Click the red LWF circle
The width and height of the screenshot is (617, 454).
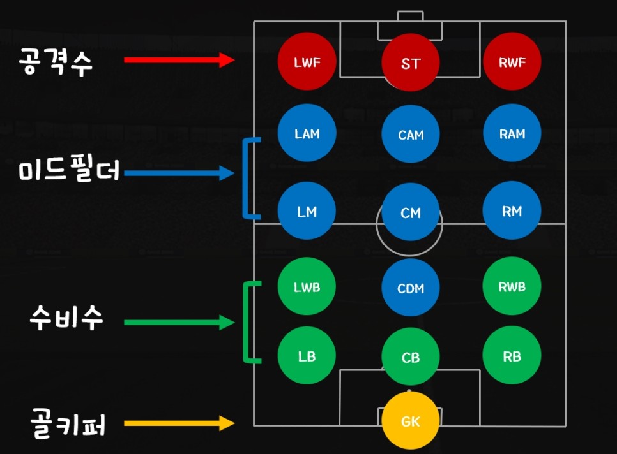click(x=307, y=62)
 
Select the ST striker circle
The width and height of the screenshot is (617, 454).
click(x=410, y=64)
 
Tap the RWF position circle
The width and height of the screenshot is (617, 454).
click(x=512, y=62)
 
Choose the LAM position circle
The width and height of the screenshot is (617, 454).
click(x=307, y=134)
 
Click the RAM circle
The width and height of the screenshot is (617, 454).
click(x=512, y=134)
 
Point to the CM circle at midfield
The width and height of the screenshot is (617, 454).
click(x=410, y=213)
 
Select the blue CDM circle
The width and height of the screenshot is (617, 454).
click(x=410, y=288)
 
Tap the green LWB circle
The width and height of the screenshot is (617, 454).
click(x=307, y=287)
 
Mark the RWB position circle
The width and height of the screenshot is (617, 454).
click(x=512, y=287)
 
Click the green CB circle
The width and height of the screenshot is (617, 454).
click(x=410, y=358)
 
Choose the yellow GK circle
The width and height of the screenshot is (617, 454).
click(x=410, y=421)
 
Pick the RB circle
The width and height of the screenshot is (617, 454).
click(x=512, y=356)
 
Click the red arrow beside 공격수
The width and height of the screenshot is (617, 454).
click(x=179, y=60)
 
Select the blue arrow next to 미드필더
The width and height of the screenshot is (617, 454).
click(x=179, y=172)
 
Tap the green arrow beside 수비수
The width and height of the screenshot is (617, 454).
click(x=179, y=323)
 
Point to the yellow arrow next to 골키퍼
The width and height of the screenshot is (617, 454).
click(x=179, y=423)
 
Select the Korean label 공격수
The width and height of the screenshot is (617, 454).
click(x=56, y=62)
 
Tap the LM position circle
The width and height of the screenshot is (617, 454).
click(x=307, y=212)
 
